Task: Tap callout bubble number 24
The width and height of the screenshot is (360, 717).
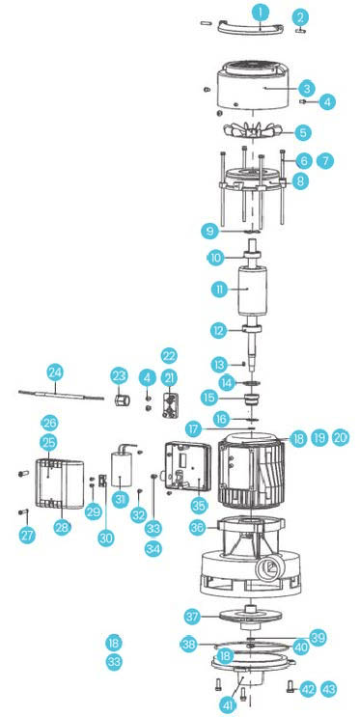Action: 55,373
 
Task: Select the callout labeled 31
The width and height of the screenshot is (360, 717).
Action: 120,499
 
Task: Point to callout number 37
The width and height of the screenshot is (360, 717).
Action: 193,616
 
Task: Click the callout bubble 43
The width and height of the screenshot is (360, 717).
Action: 328,689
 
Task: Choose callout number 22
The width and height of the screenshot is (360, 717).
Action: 169,356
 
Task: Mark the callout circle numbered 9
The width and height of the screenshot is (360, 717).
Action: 209,232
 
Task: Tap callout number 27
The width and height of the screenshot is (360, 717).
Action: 27,535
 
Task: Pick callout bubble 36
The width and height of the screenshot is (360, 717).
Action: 198,528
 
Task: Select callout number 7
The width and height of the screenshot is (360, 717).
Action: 325,161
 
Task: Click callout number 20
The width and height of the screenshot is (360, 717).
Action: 341,438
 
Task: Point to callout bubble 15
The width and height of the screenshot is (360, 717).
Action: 209,398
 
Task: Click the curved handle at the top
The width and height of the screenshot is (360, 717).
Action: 249,28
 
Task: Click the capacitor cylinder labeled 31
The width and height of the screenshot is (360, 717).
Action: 123,476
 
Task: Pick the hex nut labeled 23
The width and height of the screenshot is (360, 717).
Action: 122,401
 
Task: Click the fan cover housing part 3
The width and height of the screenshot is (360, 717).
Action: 252,86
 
